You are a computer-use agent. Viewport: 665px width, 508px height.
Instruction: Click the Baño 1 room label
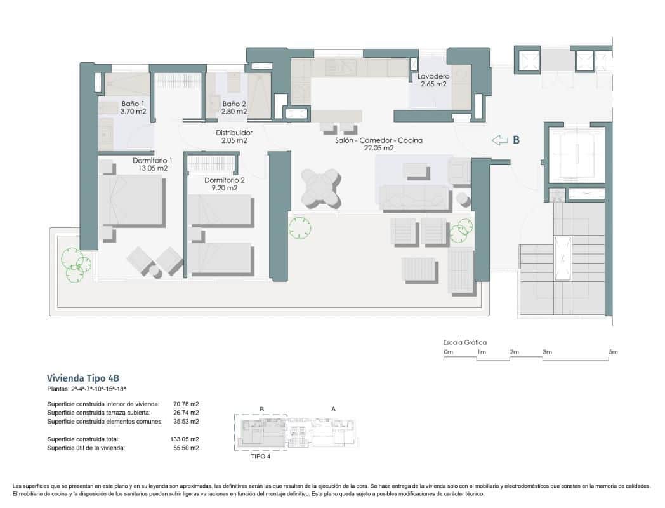coord(133,107)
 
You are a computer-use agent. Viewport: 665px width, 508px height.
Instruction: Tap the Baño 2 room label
coord(234,107)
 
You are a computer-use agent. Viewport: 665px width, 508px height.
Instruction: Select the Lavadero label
coord(433,80)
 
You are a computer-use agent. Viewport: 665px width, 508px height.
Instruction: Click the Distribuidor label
coord(234,137)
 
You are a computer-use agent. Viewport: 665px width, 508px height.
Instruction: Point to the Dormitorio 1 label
coord(152,164)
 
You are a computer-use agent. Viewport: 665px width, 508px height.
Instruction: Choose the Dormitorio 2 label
coord(224,184)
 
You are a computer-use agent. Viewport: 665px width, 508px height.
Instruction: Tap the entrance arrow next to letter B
coord(501,140)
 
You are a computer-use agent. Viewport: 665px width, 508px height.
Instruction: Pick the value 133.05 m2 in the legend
coord(186,439)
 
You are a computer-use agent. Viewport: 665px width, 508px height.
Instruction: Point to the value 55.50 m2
coord(186,448)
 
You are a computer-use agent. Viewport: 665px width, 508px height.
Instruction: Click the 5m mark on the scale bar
coord(612,352)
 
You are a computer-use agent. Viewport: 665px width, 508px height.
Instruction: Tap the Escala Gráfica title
coord(465,342)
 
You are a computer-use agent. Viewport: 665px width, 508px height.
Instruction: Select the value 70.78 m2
coord(186,403)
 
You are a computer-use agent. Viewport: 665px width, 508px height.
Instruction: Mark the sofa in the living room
coord(414,197)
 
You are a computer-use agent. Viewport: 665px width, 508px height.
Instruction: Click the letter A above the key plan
coord(334,410)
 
